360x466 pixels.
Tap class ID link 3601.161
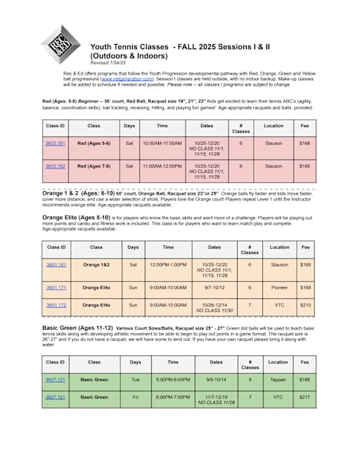pyautogui.click(x=56, y=265)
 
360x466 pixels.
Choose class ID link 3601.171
pyautogui.click(x=56, y=287)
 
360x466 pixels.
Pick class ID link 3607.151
pyautogui.click(x=56, y=396)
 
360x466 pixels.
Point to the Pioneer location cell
pyautogui.click(x=279, y=287)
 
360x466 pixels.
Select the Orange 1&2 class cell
pyautogui.click(x=95, y=265)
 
